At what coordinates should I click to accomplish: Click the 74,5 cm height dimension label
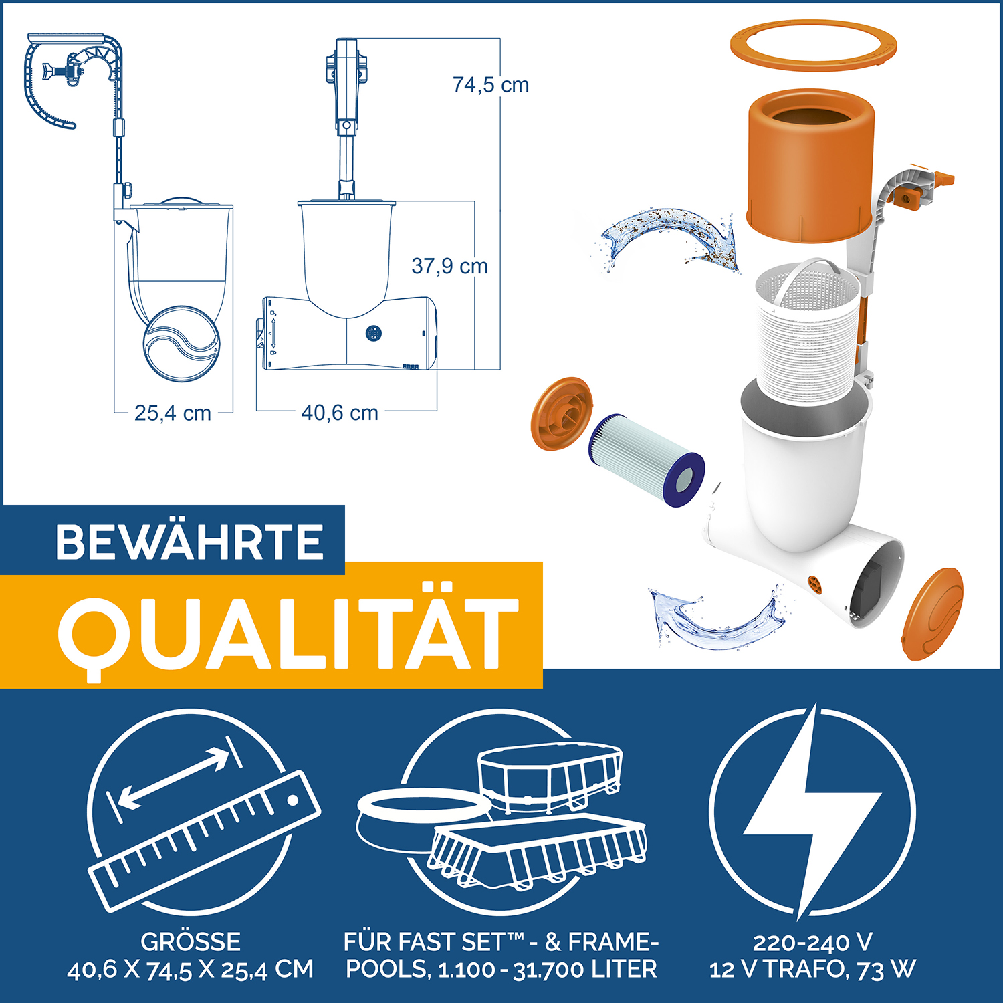pyautogui.click(x=490, y=85)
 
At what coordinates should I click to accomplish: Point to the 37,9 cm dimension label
pyautogui.click(x=449, y=266)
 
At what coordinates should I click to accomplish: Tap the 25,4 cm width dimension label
pyautogui.click(x=173, y=413)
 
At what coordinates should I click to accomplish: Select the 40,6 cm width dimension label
pyautogui.click(x=340, y=413)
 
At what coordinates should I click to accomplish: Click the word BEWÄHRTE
pyautogui.click(x=190, y=542)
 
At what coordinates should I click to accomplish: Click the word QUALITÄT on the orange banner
pyautogui.click(x=288, y=632)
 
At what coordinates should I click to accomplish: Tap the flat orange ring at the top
pyautogui.click(x=812, y=47)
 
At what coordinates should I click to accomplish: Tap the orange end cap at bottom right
pyautogui.click(x=933, y=614)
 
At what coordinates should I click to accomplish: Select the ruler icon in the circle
pyautogui.click(x=204, y=839)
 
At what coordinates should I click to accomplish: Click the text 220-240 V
pyautogui.click(x=812, y=942)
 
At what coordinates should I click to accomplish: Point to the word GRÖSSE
pyautogui.click(x=190, y=941)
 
